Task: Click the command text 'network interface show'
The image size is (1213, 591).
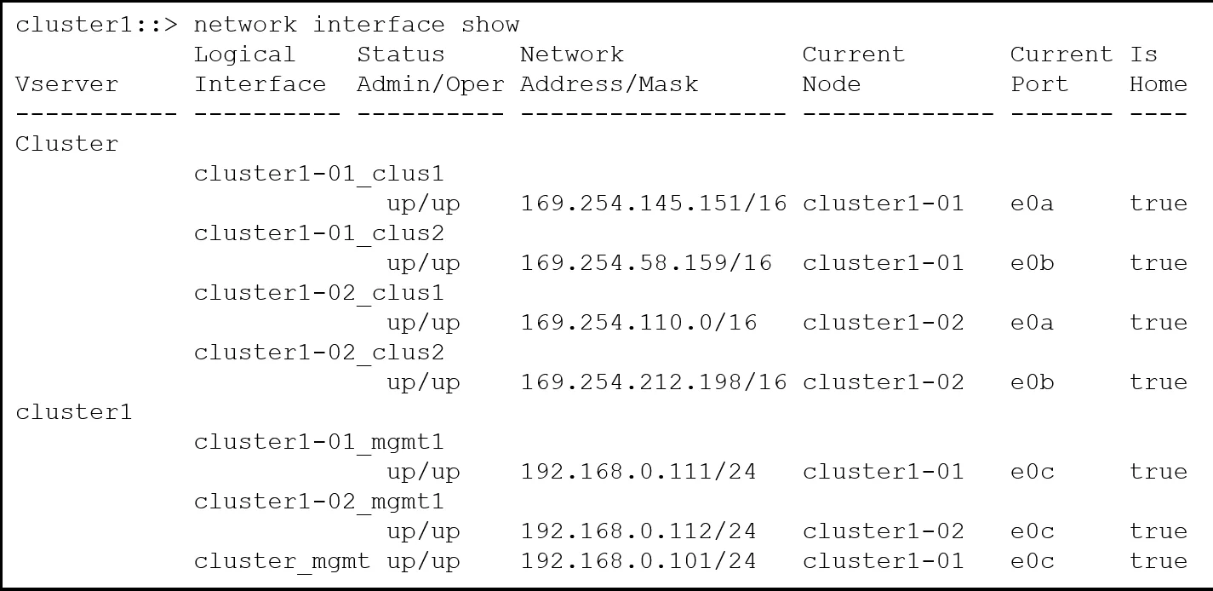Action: (357, 25)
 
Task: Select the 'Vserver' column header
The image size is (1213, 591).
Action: (66, 84)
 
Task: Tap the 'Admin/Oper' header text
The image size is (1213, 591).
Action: (431, 84)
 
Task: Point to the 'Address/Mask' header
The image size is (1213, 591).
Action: (609, 84)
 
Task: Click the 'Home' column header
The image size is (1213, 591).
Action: (1159, 84)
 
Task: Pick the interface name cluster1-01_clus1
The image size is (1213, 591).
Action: (319, 174)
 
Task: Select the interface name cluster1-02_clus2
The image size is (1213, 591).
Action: (319, 353)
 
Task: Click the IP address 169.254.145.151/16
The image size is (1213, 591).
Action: (653, 204)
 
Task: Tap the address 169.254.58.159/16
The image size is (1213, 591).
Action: (646, 263)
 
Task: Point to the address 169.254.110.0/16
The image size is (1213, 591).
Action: (638, 323)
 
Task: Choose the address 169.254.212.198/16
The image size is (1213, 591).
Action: (653, 382)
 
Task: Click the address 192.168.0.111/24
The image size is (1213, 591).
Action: (638, 472)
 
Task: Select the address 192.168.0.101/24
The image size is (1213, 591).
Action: (638, 561)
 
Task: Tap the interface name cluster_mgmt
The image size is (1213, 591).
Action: (282, 562)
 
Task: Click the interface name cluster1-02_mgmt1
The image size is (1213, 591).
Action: (319, 502)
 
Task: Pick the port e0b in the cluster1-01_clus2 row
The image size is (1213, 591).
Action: (1033, 263)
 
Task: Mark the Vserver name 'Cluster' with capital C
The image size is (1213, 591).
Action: (66, 144)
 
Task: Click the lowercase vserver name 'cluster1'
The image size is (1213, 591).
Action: (74, 412)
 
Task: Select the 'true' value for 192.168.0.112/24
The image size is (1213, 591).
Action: (1159, 531)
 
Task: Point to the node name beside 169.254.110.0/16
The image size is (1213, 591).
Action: (884, 323)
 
